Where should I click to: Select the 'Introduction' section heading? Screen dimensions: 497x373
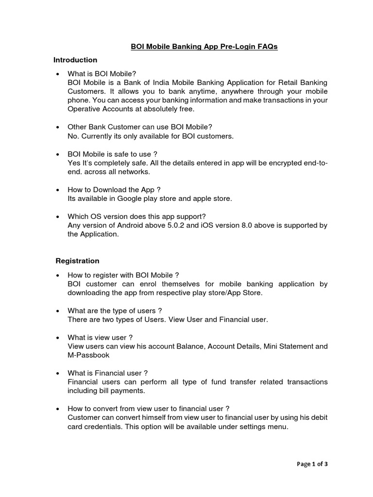tap(75, 60)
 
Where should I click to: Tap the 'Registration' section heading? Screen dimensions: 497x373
tap(77, 261)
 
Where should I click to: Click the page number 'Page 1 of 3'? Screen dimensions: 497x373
tap(312, 464)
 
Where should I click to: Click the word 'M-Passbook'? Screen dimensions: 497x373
tap(88, 355)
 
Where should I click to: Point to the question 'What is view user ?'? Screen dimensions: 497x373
tap(100, 337)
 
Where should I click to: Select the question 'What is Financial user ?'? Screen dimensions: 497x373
tap(108, 373)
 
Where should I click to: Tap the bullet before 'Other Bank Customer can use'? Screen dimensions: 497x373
tap(58, 127)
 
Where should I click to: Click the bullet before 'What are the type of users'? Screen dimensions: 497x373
tap(58, 311)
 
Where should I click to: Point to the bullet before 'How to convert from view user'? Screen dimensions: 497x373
tap(58, 409)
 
